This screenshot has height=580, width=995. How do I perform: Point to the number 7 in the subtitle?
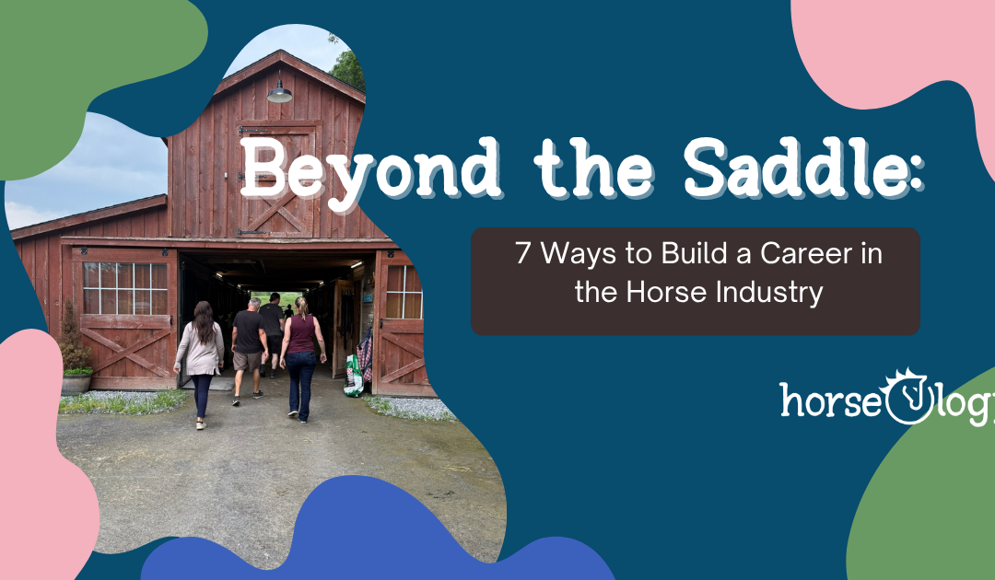point(523,254)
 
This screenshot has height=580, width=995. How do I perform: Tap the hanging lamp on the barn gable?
point(279,91)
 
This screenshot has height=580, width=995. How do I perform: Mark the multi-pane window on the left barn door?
point(123,288)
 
